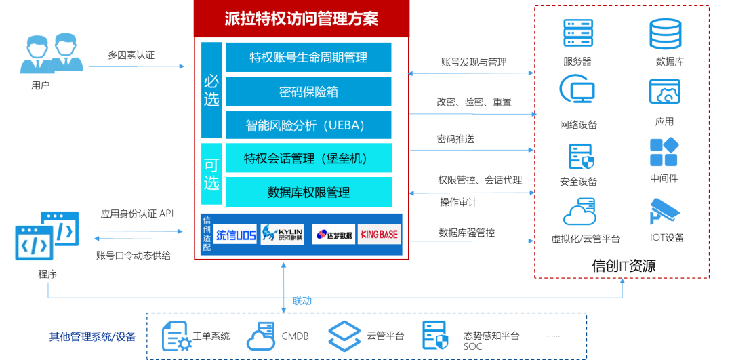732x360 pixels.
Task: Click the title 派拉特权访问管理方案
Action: (302, 18)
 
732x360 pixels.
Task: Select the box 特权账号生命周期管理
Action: (308, 58)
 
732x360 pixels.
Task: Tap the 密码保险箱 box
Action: (308, 92)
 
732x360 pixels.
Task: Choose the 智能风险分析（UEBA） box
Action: (308, 125)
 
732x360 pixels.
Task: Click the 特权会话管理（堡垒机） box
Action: (308, 159)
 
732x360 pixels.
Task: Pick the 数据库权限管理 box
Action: (308, 193)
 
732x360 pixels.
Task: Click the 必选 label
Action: (211, 91)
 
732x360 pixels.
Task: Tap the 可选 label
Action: (211, 174)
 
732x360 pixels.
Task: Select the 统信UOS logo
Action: (236, 235)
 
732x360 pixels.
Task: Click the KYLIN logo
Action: (282, 235)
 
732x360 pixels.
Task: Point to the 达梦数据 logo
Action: (333, 235)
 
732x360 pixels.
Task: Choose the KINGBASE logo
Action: (379, 235)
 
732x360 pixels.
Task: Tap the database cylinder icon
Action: (665, 34)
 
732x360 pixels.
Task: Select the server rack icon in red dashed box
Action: (578, 33)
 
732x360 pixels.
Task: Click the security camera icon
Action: (664, 210)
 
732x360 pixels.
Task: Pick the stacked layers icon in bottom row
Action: (344, 336)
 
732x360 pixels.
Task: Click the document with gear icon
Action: (177, 336)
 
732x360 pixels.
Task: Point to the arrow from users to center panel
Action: (136, 66)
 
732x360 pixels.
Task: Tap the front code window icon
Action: (34, 243)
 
